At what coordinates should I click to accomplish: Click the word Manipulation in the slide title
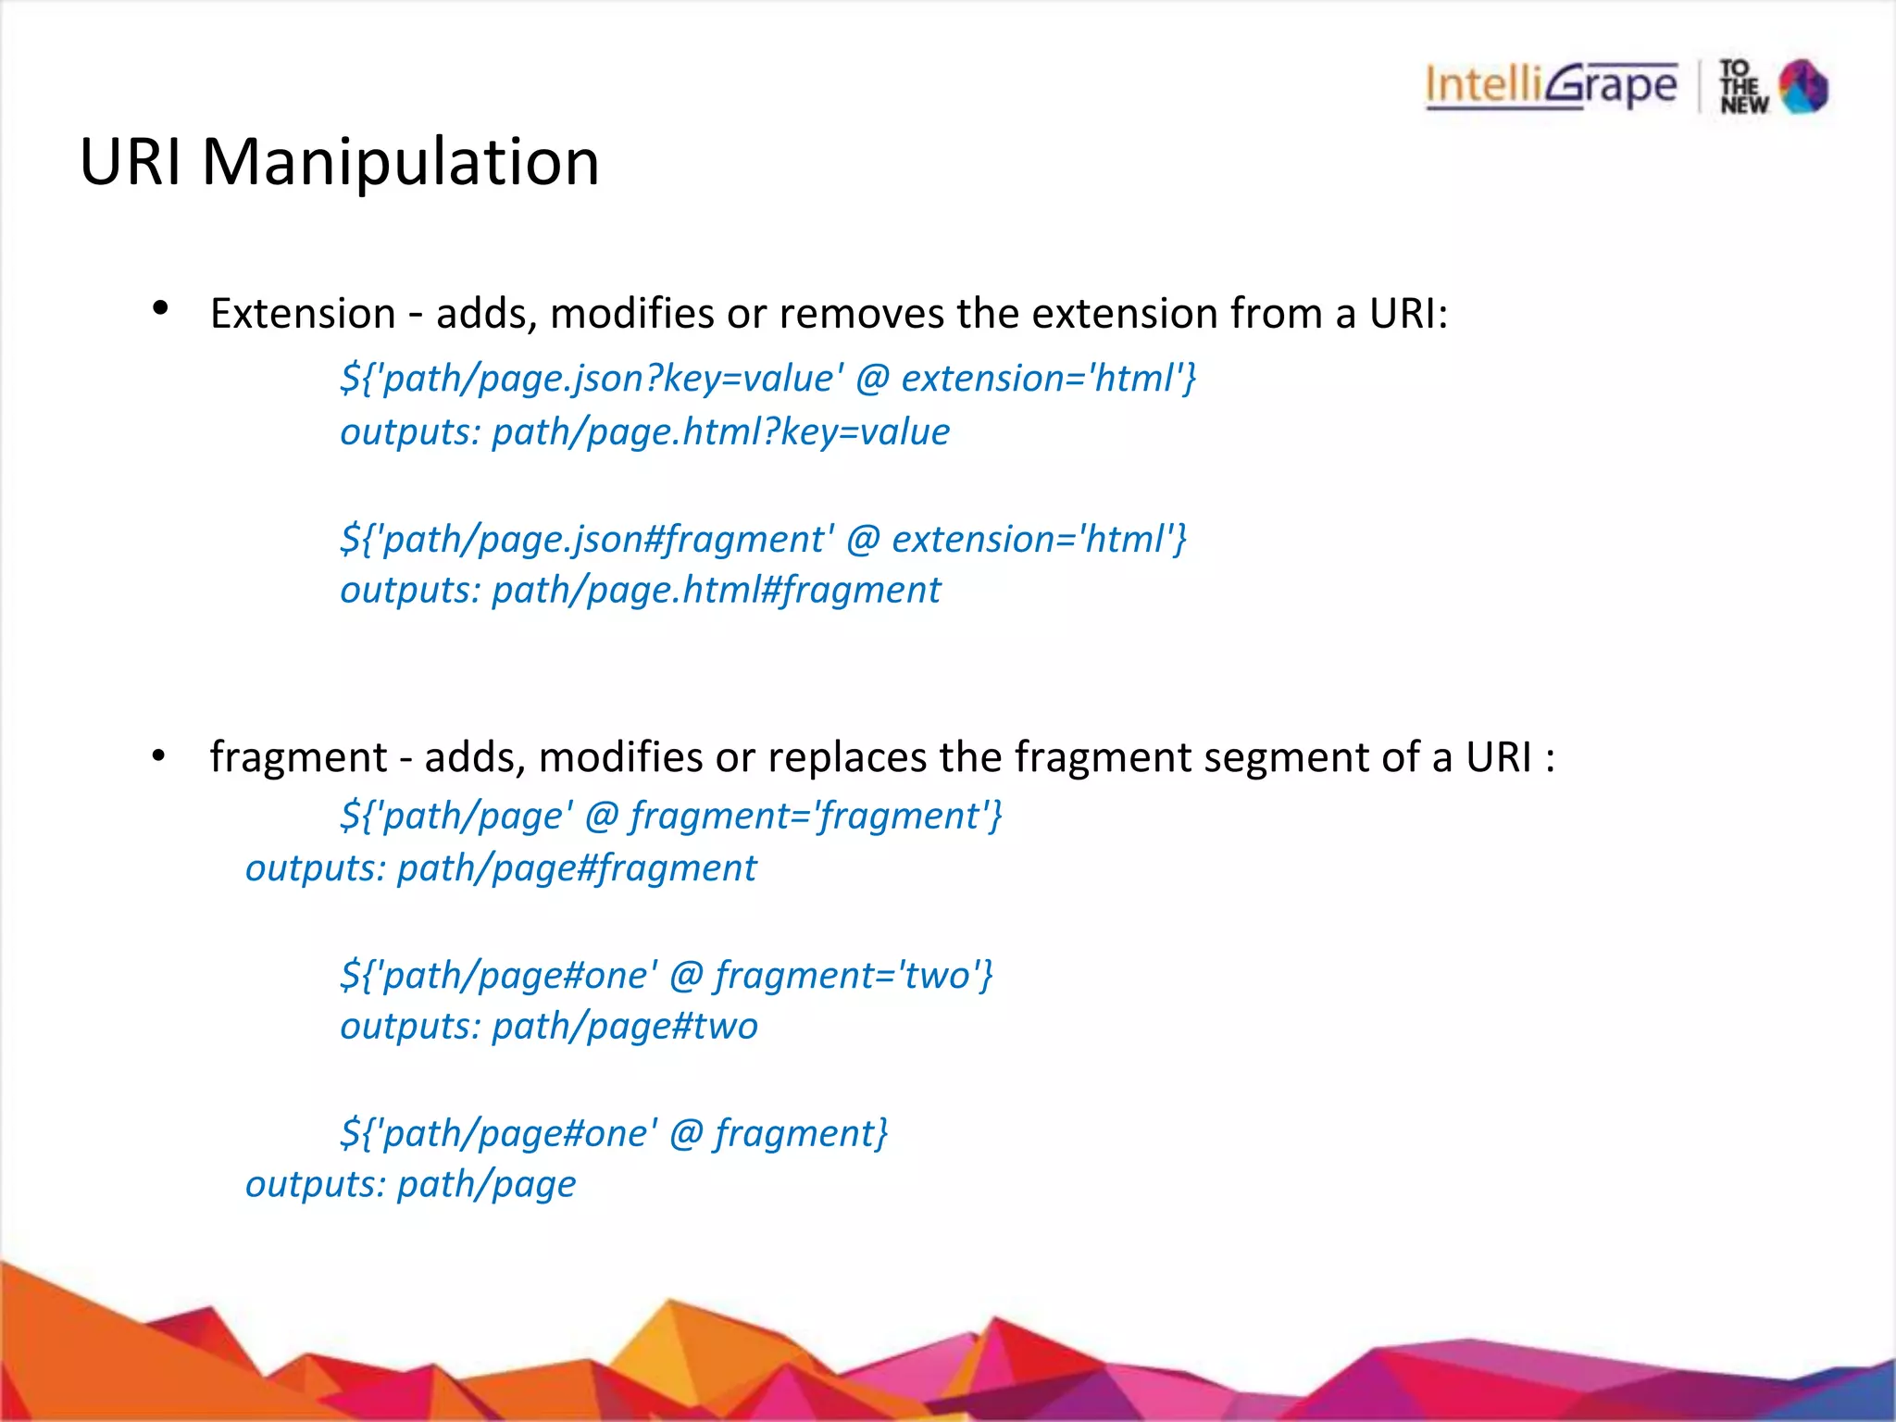(x=400, y=162)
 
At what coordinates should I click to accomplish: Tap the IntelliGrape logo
(x=1551, y=86)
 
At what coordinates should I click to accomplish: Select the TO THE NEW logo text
(x=1743, y=87)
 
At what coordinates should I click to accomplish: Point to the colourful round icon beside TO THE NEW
(x=1803, y=86)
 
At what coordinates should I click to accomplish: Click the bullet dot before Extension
(x=160, y=309)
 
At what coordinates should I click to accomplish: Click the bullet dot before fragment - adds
(x=159, y=756)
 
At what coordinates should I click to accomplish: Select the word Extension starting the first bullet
(x=303, y=314)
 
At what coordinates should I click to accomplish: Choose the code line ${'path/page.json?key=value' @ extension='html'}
(x=768, y=379)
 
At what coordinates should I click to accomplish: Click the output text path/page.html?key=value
(x=720, y=432)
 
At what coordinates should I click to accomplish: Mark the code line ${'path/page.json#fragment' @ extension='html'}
(x=763, y=539)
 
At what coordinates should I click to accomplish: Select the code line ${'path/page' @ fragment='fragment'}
(x=671, y=816)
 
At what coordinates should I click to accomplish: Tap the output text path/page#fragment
(x=576, y=868)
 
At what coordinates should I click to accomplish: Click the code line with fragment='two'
(x=667, y=975)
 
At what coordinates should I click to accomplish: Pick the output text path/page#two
(x=624, y=1027)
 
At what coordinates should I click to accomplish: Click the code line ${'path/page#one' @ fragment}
(x=614, y=1133)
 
